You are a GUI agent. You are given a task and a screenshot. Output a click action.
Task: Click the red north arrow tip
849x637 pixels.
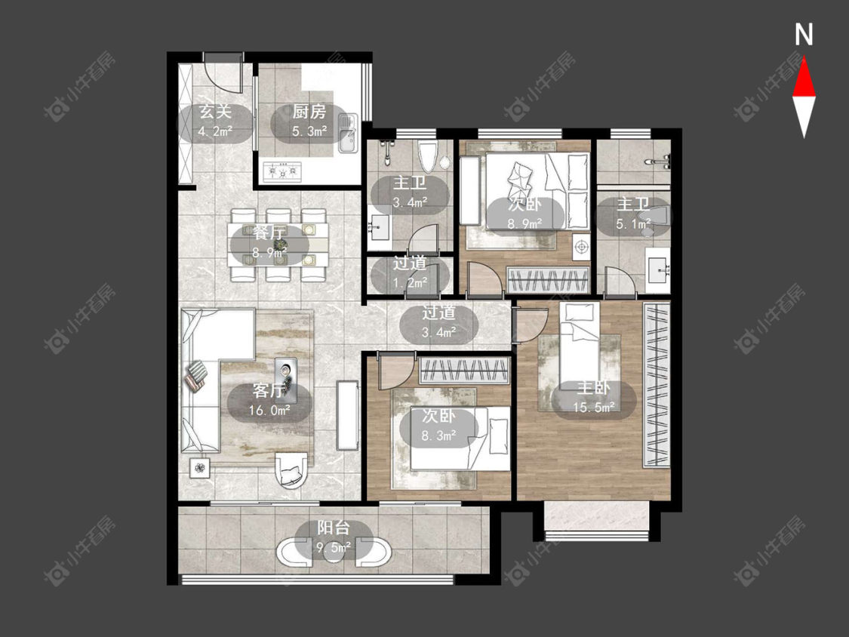coord(804,59)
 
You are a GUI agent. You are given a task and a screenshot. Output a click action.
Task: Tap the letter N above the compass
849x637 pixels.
coord(804,35)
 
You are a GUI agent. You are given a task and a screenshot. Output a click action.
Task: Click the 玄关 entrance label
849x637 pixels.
coord(216,112)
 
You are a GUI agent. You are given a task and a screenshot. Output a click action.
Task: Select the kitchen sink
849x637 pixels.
coord(347,133)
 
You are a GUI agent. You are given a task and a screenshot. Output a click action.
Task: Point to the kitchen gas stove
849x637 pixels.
coord(282,171)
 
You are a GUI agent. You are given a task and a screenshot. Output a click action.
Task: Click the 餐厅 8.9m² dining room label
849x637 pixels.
coord(269,242)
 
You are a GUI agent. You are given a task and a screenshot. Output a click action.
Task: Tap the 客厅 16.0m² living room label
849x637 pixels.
coord(269,400)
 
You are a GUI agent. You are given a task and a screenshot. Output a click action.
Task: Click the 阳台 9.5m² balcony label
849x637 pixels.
coord(334,537)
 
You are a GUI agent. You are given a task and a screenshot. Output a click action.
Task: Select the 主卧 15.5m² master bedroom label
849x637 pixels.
coord(594,397)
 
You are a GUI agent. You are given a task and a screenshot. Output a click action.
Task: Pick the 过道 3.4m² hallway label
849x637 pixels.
coord(438,322)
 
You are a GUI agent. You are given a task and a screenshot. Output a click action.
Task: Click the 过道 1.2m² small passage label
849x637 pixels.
coord(410,272)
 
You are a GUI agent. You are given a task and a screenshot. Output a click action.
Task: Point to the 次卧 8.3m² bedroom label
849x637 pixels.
coord(438,426)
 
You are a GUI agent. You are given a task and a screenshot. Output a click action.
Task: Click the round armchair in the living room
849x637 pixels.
coord(291,470)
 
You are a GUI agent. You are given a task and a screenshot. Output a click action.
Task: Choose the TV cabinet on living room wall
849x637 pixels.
coord(347,415)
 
